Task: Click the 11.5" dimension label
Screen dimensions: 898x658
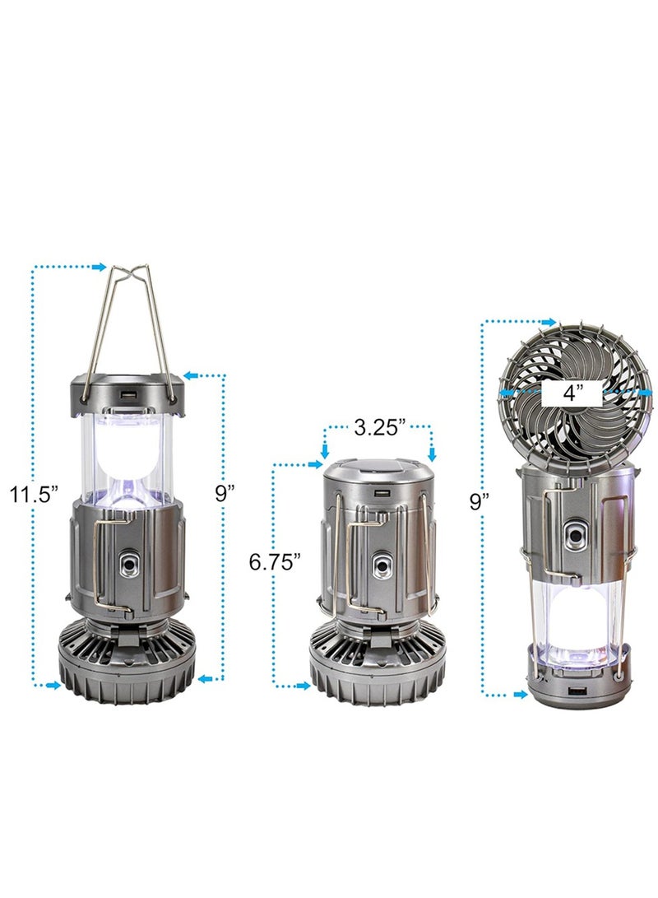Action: (34, 495)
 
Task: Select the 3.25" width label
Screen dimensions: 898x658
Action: (379, 428)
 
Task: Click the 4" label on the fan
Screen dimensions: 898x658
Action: (571, 393)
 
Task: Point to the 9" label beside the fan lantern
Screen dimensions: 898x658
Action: (480, 501)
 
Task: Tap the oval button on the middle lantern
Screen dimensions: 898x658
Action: (381, 566)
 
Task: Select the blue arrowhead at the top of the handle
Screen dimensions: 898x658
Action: (100, 267)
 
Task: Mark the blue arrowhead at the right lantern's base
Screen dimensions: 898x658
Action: (520, 694)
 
